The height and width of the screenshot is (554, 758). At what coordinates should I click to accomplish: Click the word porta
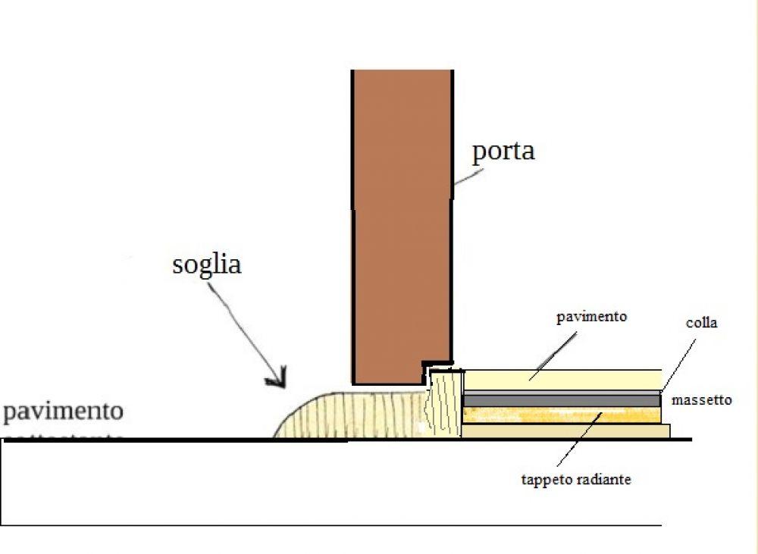point(503,151)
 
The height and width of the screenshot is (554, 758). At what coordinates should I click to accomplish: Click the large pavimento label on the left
point(62,412)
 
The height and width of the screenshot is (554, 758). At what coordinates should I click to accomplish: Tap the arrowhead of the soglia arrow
point(277,378)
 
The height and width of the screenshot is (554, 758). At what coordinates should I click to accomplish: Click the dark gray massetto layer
point(561,399)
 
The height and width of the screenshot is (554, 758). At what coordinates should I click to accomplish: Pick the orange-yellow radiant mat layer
point(561,415)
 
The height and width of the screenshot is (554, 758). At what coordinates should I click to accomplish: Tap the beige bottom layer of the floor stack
point(565,431)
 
